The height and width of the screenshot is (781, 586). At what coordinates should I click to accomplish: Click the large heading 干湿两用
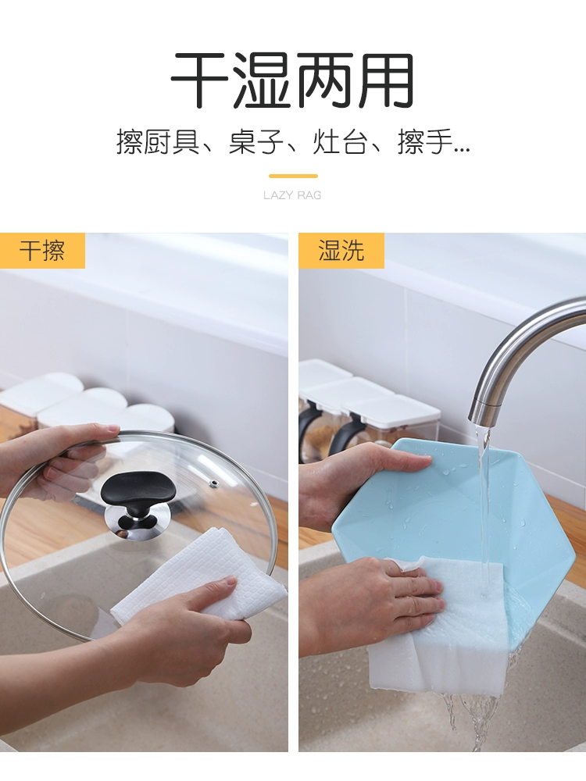click(x=292, y=80)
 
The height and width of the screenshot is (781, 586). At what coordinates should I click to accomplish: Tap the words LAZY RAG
click(x=292, y=195)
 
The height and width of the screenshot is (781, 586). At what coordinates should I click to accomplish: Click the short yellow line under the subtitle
click(x=293, y=176)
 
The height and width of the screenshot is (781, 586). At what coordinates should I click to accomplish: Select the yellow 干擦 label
click(x=42, y=251)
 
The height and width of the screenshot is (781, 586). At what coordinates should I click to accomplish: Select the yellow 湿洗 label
click(x=341, y=251)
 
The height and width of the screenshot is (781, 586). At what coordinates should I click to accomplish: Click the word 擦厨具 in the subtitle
click(x=158, y=142)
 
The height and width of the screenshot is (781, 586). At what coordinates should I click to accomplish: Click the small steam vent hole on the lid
click(x=214, y=483)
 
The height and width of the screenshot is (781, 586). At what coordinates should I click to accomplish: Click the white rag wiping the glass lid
click(x=199, y=572)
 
